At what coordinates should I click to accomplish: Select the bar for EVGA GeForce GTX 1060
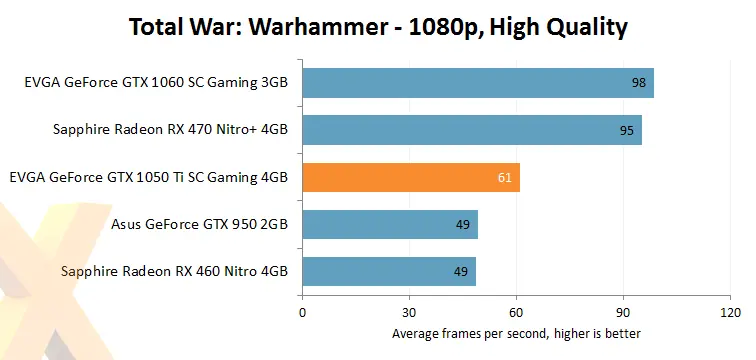tap(478, 83)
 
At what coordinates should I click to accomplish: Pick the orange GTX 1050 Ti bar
tap(411, 177)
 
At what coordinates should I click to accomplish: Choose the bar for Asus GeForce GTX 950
tap(390, 224)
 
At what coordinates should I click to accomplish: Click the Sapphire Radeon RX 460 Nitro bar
tap(389, 271)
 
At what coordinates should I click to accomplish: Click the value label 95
tap(627, 130)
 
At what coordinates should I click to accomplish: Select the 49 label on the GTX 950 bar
tap(463, 224)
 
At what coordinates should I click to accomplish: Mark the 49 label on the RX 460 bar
tap(461, 271)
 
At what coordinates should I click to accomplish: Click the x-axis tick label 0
tap(302, 312)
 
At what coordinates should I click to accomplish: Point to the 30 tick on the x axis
tap(410, 312)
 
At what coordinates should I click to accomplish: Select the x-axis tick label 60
tap(517, 312)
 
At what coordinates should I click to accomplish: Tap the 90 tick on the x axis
tap(624, 312)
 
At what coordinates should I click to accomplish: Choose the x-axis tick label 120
tap(731, 312)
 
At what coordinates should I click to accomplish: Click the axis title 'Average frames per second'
tap(516, 333)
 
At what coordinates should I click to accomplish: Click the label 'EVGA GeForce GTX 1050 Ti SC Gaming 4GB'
tap(148, 178)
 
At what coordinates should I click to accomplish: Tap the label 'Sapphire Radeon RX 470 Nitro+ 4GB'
tap(170, 130)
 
